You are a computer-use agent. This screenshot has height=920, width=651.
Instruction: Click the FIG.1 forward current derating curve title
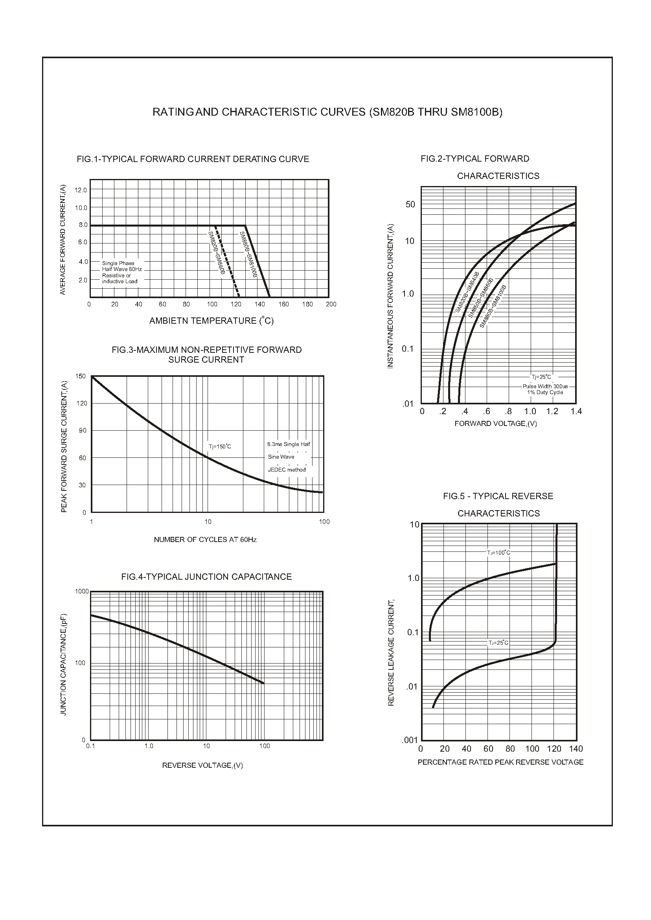click(x=193, y=159)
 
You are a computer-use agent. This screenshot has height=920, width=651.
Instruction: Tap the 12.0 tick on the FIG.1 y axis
click(x=81, y=190)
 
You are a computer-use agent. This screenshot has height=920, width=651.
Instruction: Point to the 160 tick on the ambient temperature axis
click(x=283, y=304)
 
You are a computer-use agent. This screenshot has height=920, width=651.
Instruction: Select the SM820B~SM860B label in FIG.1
click(x=216, y=253)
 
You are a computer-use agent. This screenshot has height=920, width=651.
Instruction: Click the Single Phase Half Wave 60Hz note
click(x=122, y=266)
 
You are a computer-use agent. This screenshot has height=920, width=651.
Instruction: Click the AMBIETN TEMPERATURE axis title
click(x=211, y=321)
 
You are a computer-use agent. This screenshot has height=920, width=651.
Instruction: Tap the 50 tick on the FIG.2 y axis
click(x=410, y=205)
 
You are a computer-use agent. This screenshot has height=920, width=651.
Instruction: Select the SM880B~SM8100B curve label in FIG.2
click(x=493, y=306)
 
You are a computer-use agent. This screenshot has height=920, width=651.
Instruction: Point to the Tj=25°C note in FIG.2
click(x=541, y=377)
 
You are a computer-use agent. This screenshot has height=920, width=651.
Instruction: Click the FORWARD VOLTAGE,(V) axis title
click(x=495, y=424)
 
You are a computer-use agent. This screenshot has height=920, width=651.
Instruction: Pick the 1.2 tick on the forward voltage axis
click(x=552, y=411)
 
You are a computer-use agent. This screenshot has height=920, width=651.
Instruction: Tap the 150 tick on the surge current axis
click(x=81, y=376)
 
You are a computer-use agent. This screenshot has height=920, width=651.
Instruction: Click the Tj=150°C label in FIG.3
click(x=220, y=446)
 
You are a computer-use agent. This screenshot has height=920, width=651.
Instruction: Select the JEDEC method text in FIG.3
click(x=287, y=470)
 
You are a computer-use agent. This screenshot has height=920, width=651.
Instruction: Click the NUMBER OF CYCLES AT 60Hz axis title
click(x=205, y=540)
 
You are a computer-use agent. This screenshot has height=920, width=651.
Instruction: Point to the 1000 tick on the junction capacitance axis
click(x=82, y=591)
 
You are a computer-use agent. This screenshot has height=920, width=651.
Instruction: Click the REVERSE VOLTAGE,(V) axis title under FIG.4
click(x=202, y=765)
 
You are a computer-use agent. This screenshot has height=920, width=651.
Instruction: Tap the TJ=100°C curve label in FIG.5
click(x=499, y=553)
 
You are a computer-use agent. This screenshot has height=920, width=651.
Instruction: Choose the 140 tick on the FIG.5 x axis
click(x=576, y=749)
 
